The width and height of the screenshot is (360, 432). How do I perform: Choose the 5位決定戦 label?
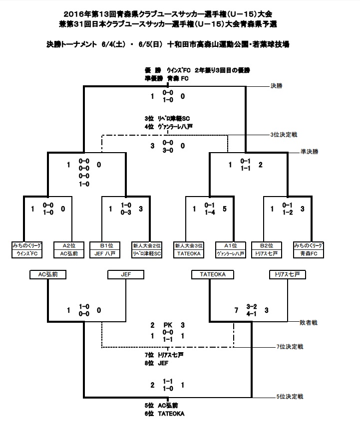pos(290,397)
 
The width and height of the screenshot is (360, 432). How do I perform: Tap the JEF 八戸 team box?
pos(105,253)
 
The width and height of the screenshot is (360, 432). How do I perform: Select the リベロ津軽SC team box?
pos(147,253)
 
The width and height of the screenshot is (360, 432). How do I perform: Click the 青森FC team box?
pos(308,253)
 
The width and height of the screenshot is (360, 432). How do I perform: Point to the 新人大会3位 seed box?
pos(189,245)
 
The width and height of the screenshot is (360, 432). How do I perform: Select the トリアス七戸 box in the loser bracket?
pos(287,274)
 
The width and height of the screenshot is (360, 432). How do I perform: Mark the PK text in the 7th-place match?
pos(168,325)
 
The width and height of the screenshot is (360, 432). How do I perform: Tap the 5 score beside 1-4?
pos(225,209)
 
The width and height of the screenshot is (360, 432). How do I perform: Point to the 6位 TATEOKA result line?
pos(164,414)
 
